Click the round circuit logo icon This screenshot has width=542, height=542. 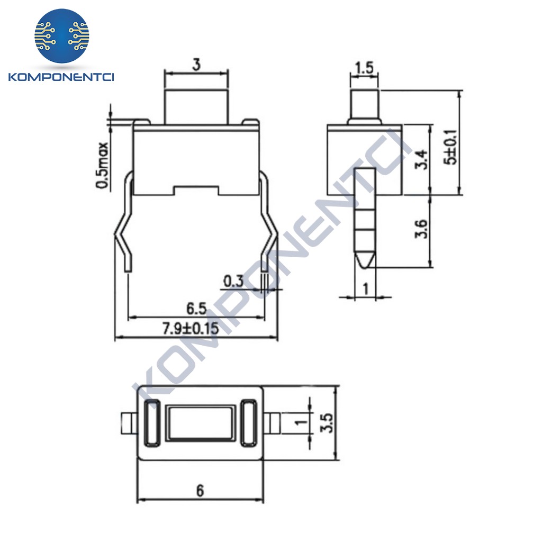[x=62, y=36]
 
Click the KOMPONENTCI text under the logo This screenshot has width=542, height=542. [x=62, y=77]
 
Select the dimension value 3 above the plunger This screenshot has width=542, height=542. [x=196, y=66]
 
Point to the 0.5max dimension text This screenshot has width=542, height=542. [x=102, y=165]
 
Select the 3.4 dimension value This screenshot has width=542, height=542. [x=421, y=159]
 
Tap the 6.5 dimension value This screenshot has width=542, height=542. [x=196, y=308]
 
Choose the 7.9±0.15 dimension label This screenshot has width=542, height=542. [x=190, y=329]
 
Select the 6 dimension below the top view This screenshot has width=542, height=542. [x=200, y=491]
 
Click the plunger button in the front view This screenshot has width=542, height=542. [x=196, y=106]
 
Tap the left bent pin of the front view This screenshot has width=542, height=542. [x=124, y=222]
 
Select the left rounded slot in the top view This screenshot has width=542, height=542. [x=151, y=423]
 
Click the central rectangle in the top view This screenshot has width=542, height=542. [x=200, y=423]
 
